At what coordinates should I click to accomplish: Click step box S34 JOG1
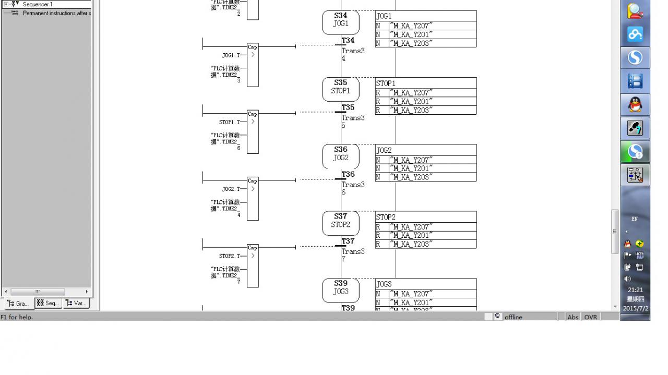click(x=340, y=22)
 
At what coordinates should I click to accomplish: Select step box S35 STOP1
click(x=340, y=89)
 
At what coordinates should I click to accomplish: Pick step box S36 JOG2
click(x=340, y=156)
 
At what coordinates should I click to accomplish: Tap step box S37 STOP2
click(x=340, y=223)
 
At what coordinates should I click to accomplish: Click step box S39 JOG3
click(x=340, y=290)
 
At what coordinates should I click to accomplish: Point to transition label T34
click(x=348, y=41)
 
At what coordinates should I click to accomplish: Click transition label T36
click(x=348, y=174)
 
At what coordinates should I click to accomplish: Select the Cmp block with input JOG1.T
click(x=253, y=65)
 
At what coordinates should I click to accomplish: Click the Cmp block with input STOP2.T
click(x=253, y=266)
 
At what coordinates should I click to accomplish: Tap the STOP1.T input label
click(x=230, y=122)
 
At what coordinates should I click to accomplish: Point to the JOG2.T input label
click(x=231, y=189)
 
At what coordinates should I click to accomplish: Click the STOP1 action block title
click(x=386, y=83)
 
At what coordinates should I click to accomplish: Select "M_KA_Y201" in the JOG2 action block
click(x=411, y=168)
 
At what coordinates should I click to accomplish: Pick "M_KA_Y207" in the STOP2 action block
click(x=411, y=227)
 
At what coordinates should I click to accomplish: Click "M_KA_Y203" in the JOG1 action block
click(x=411, y=43)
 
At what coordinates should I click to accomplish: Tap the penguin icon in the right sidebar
click(x=635, y=105)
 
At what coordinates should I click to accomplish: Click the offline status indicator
click(x=513, y=317)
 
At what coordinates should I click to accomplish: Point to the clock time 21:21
click(x=635, y=290)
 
